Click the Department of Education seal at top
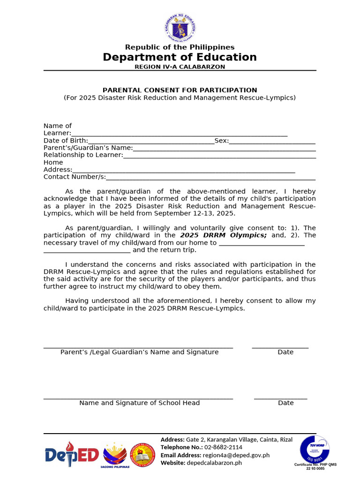(x=180, y=28)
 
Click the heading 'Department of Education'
(x=180, y=57)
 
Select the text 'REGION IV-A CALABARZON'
(x=180, y=67)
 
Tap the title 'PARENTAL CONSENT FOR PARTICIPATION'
(x=180, y=90)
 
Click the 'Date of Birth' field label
(x=65, y=141)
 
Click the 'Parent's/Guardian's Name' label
(x=88, y=148)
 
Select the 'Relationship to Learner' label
(x=82, y=155)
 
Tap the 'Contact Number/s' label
(x=74, y=177)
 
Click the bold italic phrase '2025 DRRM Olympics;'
(x=224, y=235)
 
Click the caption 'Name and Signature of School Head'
(x=139, y=403)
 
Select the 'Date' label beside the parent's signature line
(x=285, y=352)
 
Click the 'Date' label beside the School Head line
(x=286, y=403)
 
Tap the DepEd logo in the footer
(x=72, y=455)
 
